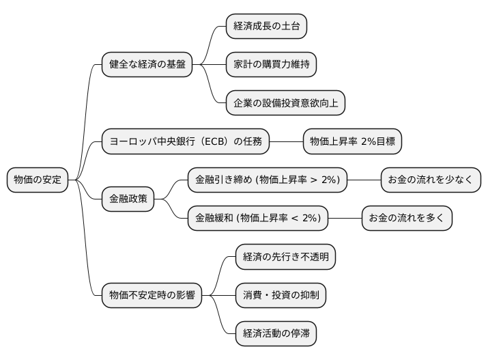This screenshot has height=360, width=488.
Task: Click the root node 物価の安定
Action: click(38, 180)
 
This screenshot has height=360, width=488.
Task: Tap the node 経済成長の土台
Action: click(266, 27)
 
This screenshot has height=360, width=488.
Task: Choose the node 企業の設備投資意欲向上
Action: click(285, 103)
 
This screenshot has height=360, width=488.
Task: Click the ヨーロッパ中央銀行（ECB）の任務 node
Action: click(185, 142)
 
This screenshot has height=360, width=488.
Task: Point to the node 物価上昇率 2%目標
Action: click(352, 142)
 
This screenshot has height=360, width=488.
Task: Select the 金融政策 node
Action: click(128, 199)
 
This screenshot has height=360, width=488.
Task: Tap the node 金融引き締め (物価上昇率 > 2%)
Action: click(268, 180)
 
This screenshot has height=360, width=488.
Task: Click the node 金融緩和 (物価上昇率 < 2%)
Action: click(258, 219)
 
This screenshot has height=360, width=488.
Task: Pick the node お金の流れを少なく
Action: click(430, 180)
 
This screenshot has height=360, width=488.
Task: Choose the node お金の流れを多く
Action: click(406, 219)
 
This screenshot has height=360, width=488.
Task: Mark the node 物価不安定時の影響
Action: click(152, 295)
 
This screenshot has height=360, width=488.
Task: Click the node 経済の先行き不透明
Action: click(285, 257)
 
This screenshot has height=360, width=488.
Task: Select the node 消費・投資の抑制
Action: click(281, 295)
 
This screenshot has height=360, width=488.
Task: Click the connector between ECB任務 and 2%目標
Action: click(285, 142)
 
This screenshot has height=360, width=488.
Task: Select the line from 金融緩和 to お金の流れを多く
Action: click(345, 219)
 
